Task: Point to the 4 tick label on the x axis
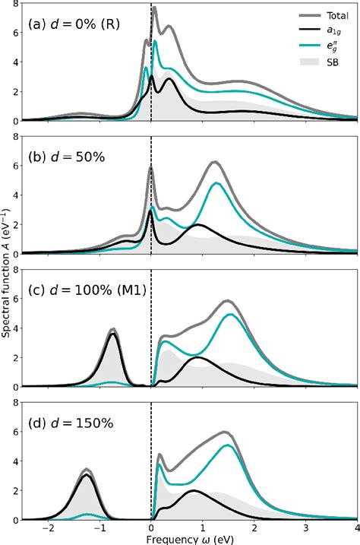[x=357, y=527]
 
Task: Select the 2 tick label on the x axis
[x=254, y=527]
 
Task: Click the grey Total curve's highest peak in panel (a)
[x=154, y=8]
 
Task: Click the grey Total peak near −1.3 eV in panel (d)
[x=87, y=470]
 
